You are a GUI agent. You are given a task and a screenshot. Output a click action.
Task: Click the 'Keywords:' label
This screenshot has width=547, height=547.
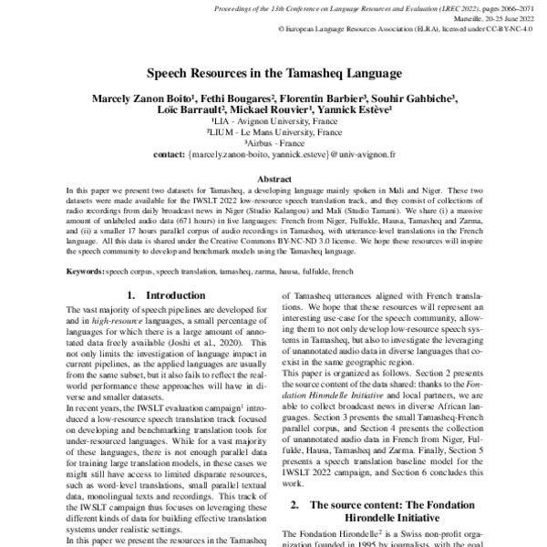(x=84, y=272)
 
